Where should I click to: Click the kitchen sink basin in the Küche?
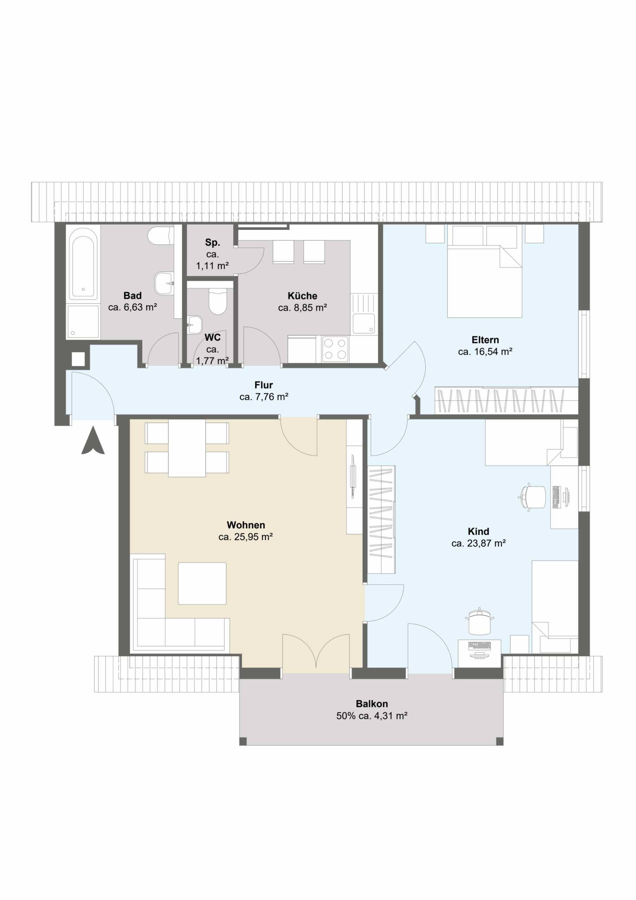pos(363,323)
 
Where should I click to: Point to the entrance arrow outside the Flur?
pos(93,440)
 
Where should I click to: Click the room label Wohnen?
pos(246,525)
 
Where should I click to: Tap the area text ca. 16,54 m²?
pos(485,352)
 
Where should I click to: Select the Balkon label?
pos(372,703)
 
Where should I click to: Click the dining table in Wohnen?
pos(187,448)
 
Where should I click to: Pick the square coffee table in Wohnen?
pos(202,583)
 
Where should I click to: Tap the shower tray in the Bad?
pos(83,321)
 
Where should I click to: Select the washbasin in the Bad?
pos(164,283)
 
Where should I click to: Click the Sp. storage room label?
pos(213,243)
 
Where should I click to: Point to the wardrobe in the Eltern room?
pos(506,400)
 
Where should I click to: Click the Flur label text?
pos(263,385)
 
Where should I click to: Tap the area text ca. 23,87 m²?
pos(479,543)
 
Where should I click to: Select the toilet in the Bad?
pos(160,236)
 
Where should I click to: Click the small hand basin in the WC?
pos(195,325)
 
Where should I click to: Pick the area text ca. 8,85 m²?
pos(302,308)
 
